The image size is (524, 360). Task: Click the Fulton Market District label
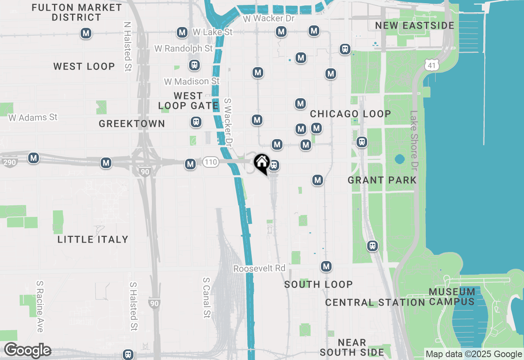coord(77,12)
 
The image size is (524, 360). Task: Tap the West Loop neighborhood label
coord(84,66)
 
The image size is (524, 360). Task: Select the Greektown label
coord(132,124)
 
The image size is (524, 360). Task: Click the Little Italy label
coord(93,239)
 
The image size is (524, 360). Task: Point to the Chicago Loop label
coord(350,114)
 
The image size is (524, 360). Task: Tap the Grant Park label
coord(382,180)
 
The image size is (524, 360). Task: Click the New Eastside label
coord(415,25)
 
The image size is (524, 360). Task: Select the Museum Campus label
coord(452,297)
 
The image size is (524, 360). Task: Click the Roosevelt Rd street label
coord(259,268)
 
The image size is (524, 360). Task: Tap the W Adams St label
coord(33,117)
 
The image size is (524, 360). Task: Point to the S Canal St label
coord(206,297)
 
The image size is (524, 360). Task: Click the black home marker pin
coord(261,163)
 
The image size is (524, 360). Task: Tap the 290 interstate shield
coord(9,162)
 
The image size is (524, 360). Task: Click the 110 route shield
coord(210,162)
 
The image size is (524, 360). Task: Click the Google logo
coord(27,350)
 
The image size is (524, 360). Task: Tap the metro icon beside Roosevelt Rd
coord(326,267)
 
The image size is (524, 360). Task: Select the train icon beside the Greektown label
coord(196,122)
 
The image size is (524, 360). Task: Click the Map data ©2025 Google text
coord(474,354)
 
